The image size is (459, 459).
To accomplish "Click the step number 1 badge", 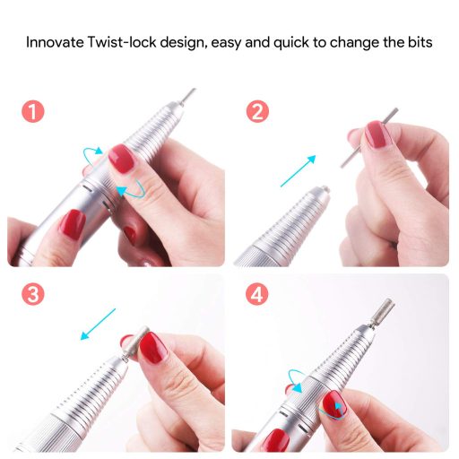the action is (x=33, y=111).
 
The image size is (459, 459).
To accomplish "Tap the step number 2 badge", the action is (x=257, y=111).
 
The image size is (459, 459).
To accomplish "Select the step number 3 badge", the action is (x=33, y=294).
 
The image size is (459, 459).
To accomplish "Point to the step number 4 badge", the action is (x=256, y=294).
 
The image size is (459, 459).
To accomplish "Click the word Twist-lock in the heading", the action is (x=122, y=42).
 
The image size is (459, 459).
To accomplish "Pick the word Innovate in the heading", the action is (x=55, y=42).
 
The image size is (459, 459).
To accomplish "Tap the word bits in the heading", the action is (x=420, y=42).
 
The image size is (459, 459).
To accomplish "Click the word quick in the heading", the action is (x=291, y=43).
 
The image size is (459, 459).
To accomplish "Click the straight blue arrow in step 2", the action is (x=298, y=171).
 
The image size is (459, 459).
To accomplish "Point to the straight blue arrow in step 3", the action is (x=98, y=325).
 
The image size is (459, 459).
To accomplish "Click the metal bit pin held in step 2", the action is (x=369, y=138).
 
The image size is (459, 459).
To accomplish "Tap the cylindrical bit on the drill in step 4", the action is (x=384, y=311).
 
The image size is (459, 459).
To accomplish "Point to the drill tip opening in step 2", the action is (x=324, y=188).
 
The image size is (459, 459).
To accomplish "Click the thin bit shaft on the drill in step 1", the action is (x=187, y=97).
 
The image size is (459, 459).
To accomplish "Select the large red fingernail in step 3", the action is (x=153, y=348).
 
